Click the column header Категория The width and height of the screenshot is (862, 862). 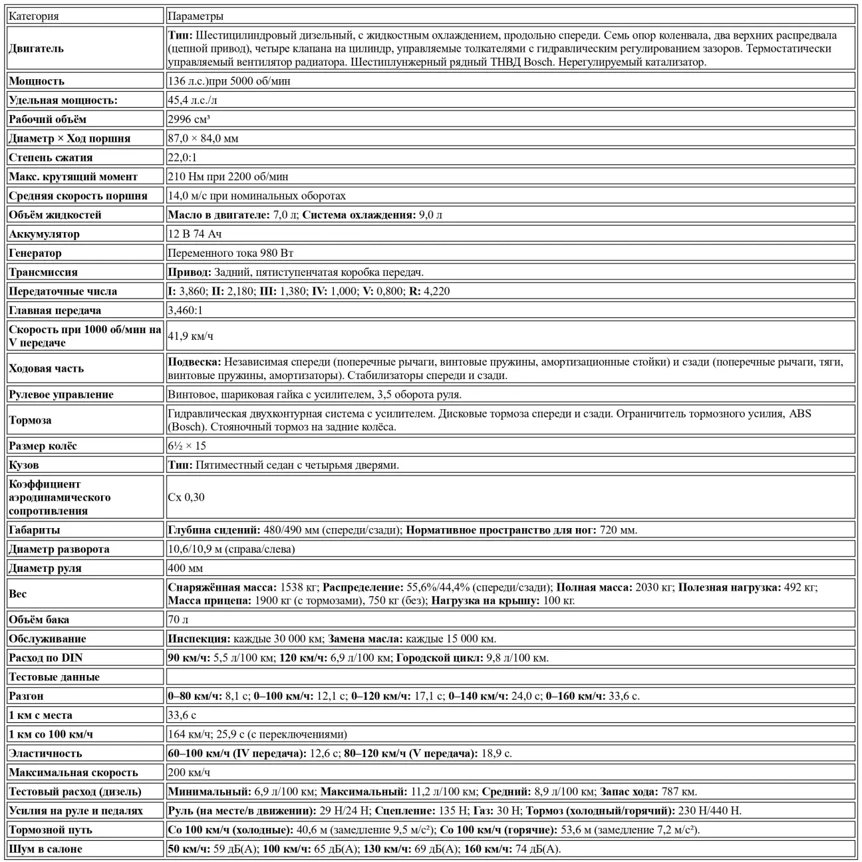34,16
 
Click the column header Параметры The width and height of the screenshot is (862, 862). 196,16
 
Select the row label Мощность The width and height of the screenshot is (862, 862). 37,81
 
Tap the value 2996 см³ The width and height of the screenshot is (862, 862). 189,119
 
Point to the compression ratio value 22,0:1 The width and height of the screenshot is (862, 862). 182,158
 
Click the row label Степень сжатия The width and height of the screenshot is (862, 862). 51,158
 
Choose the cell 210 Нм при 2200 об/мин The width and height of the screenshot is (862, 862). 228,177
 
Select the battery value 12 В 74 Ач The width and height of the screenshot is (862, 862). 194,234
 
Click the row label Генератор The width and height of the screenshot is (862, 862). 35,253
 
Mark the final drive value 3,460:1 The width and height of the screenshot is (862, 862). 185,311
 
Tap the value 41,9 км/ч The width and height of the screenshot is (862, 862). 190,336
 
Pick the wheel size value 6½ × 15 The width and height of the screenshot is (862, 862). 187,446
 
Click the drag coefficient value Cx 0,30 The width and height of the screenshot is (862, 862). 186,498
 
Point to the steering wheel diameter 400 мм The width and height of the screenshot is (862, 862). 186,569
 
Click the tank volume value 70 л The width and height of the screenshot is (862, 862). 178,620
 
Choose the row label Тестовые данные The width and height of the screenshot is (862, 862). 54,677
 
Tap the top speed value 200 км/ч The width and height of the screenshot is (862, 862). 189,773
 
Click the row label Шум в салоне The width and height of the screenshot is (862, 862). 46,849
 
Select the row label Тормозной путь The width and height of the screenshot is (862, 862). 51,830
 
